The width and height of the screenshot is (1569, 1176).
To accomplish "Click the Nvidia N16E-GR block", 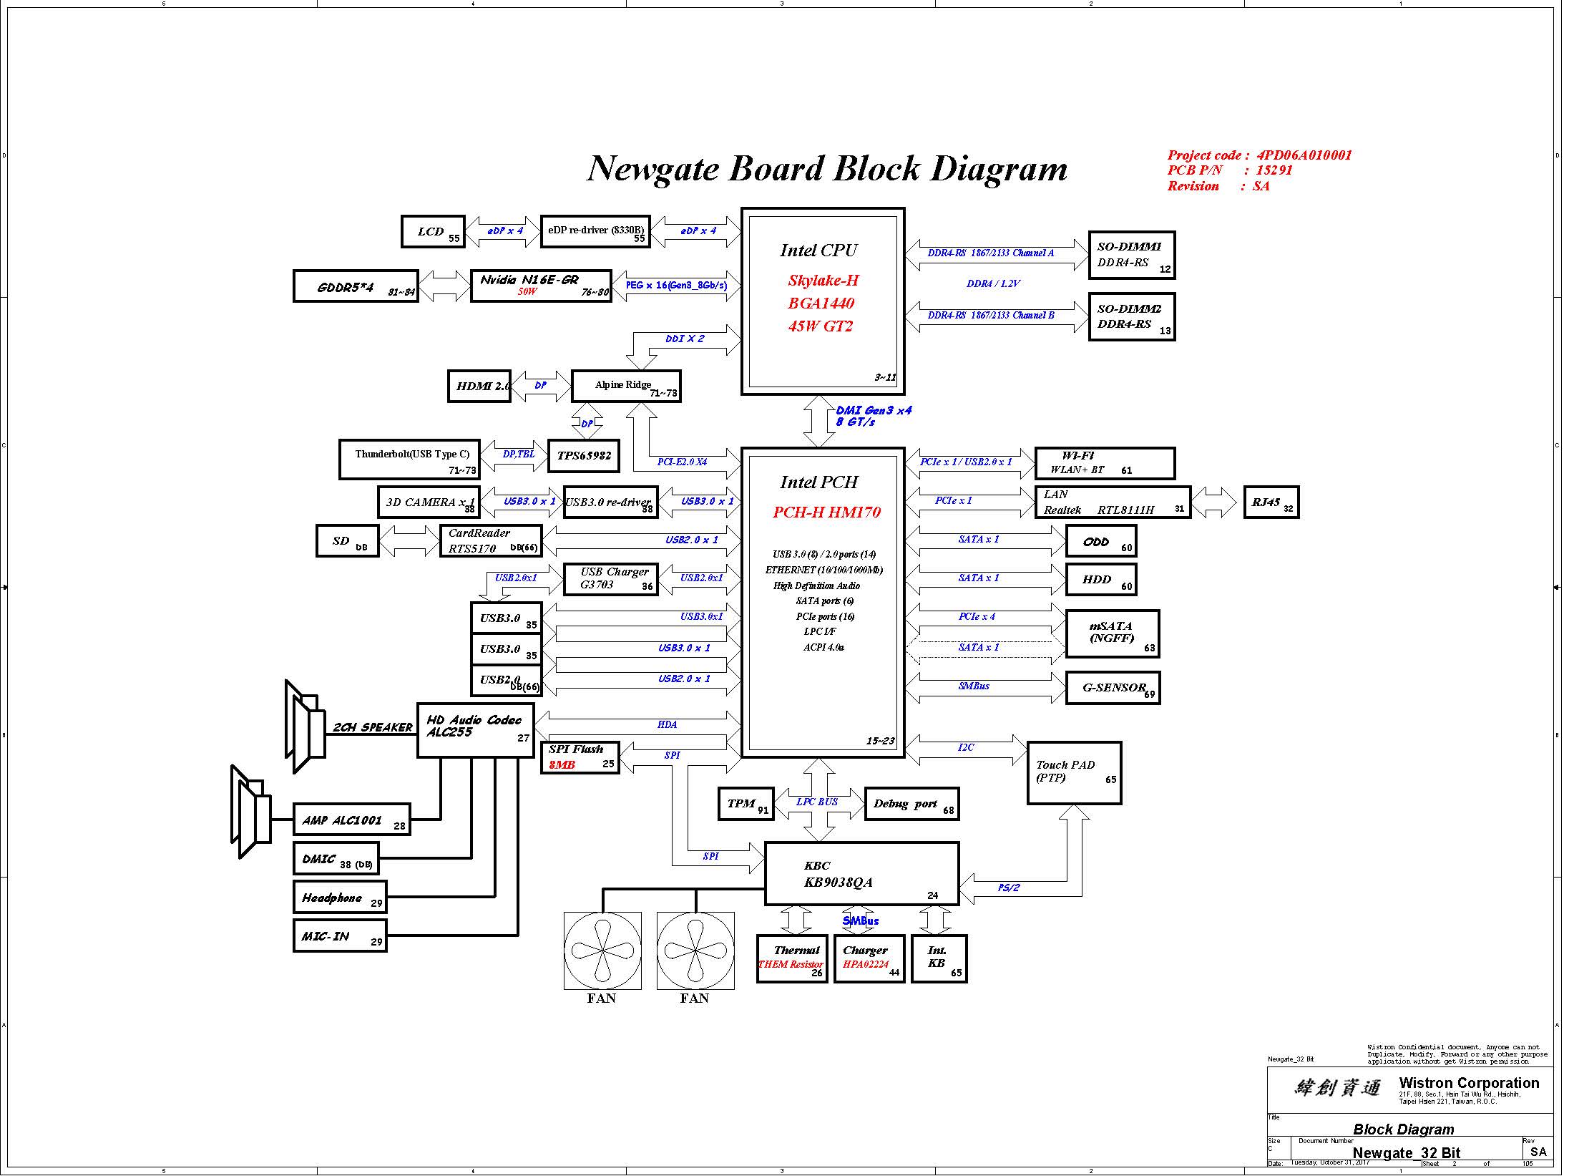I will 541,286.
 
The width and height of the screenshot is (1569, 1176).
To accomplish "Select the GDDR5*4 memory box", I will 356,286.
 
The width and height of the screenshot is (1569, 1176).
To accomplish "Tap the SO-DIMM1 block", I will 1131,255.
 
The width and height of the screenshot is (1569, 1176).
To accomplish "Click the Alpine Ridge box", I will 626,386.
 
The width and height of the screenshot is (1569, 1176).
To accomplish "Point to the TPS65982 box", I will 584,456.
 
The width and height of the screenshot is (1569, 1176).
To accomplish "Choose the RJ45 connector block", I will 1271,502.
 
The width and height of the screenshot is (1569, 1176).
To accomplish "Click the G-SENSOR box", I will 1113,688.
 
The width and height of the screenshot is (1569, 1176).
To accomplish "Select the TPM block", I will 746,804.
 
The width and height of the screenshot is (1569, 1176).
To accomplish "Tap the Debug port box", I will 911,804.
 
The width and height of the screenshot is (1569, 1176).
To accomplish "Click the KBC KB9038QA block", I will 861,874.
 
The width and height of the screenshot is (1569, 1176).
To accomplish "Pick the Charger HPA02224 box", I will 869,958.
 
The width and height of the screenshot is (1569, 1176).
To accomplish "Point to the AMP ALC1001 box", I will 351,820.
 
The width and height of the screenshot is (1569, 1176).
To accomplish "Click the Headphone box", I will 340,898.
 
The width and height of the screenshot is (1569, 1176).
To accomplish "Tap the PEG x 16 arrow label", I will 676,286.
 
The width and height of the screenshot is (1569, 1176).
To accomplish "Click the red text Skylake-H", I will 823,281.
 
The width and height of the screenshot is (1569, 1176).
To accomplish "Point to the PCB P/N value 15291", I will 1274,170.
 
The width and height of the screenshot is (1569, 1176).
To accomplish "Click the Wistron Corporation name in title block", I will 1469,1084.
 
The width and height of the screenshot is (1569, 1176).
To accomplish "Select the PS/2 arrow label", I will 1008,888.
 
